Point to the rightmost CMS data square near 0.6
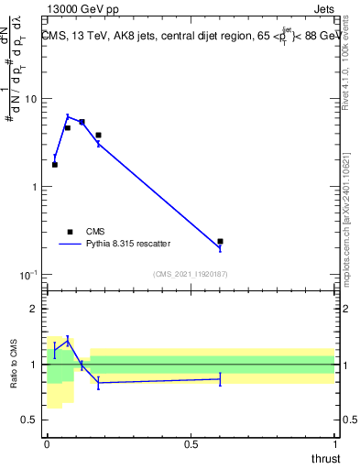(220, 241)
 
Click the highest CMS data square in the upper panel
(82, 122)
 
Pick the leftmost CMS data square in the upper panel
(55, 165)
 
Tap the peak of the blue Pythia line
(68, 116)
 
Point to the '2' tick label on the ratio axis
(38, 310)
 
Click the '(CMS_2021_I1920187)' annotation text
(191, 273)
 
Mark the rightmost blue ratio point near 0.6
(220, 378)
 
